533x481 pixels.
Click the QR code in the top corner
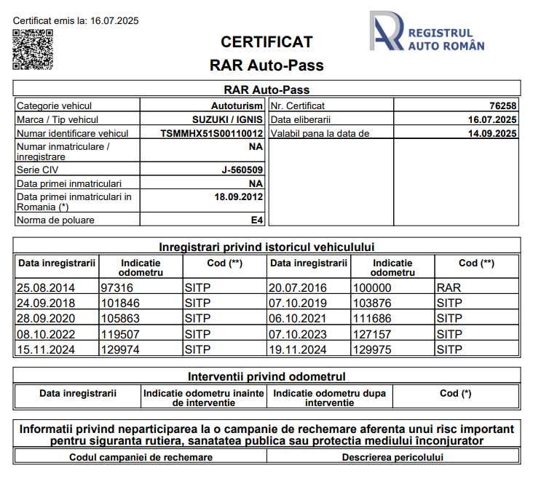[33, 49]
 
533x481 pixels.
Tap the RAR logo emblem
[386, 31]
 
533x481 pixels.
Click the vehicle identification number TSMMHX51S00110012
[211, 134]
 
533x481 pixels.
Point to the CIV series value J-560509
[242, 170]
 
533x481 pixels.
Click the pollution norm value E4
[257, 220]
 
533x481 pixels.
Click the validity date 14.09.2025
[492, 134]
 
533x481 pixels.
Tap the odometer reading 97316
[117, 287]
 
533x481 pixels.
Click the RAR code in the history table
[449, 287]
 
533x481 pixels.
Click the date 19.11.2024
[298, 350]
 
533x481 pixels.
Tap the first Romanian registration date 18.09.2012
[239, 197]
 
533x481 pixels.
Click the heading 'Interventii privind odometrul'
[266, 377]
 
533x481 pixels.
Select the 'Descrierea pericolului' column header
[392, 458]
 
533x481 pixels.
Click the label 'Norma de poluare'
[55, 220]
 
